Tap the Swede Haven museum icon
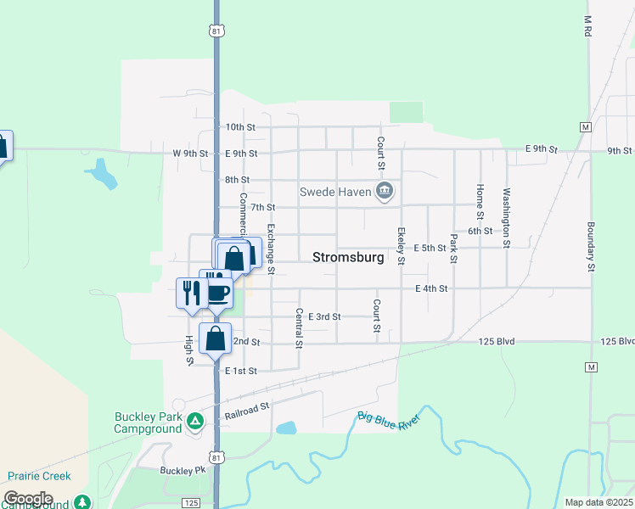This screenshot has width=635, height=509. (x=385, y=192)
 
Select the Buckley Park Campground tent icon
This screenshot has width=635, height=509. (x=195, y=421)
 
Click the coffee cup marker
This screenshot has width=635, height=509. (x=218, y=294)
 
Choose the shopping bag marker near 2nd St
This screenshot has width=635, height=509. (x=216, y=338)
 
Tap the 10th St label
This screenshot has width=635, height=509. (x=240, y=127)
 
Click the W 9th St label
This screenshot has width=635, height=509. (x=190, y=154)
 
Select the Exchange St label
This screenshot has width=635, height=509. (x=271, y=249)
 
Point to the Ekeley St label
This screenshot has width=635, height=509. (x=401, y=246)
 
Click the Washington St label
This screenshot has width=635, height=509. (x=507, y=217)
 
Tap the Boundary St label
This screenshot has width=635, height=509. (x=589, y=247)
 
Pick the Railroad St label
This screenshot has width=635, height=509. (x=247, y=411)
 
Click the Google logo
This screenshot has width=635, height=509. (x=28, y=499)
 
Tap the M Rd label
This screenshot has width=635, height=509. (x=587, y=26)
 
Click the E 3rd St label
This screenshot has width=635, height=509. (x=324, y=316)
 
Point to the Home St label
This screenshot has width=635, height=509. (x=480, y=201)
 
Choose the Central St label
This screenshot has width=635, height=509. (x=299, y=328)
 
